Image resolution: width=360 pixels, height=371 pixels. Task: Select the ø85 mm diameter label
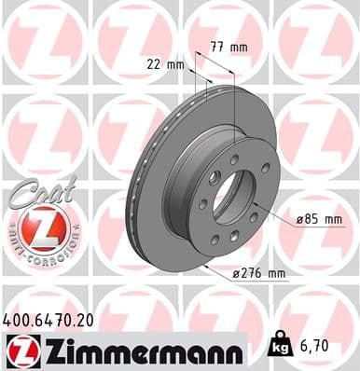coord(318,220)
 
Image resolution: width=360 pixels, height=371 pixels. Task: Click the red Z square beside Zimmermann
coord(19,350)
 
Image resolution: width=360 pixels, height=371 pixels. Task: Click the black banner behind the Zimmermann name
coord(187,350)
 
